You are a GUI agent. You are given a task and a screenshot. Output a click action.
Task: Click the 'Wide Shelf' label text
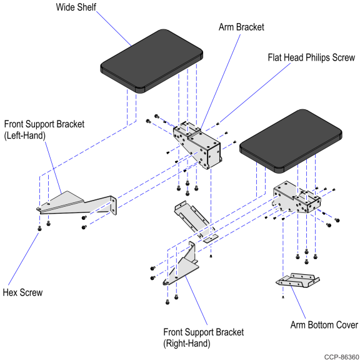coord(76,7)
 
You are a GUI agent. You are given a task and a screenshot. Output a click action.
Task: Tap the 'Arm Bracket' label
coord(241,27)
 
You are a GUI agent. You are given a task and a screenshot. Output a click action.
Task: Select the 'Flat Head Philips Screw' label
coord(311,57)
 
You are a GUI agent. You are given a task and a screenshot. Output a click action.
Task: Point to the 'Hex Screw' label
coord(22,293)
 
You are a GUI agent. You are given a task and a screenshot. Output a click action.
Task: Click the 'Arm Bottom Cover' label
coord(324,325)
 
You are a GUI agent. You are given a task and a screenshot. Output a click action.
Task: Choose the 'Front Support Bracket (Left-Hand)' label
coord(44,130)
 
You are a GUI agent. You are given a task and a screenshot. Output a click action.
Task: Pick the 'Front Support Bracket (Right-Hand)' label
coord(203,338)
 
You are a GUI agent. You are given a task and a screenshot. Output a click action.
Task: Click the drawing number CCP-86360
coord(341,357)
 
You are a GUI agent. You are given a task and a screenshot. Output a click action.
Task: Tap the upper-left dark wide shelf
coord(151,61)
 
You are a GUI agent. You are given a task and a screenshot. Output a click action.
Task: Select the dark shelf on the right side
coord(291,141)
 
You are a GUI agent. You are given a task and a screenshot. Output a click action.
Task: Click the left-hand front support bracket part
coord(77,204)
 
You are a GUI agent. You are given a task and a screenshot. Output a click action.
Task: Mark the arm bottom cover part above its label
coord(297,280)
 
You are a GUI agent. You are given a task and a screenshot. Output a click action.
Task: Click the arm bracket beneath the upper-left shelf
coord(197,145)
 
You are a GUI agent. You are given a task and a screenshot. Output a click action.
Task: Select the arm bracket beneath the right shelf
coord(297,197)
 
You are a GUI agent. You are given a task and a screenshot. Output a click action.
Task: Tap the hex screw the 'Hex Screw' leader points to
coord(39,229)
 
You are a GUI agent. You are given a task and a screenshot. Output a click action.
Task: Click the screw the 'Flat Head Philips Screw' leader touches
coord(218,124)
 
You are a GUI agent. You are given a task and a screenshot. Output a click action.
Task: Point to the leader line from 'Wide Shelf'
coord(114,28)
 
